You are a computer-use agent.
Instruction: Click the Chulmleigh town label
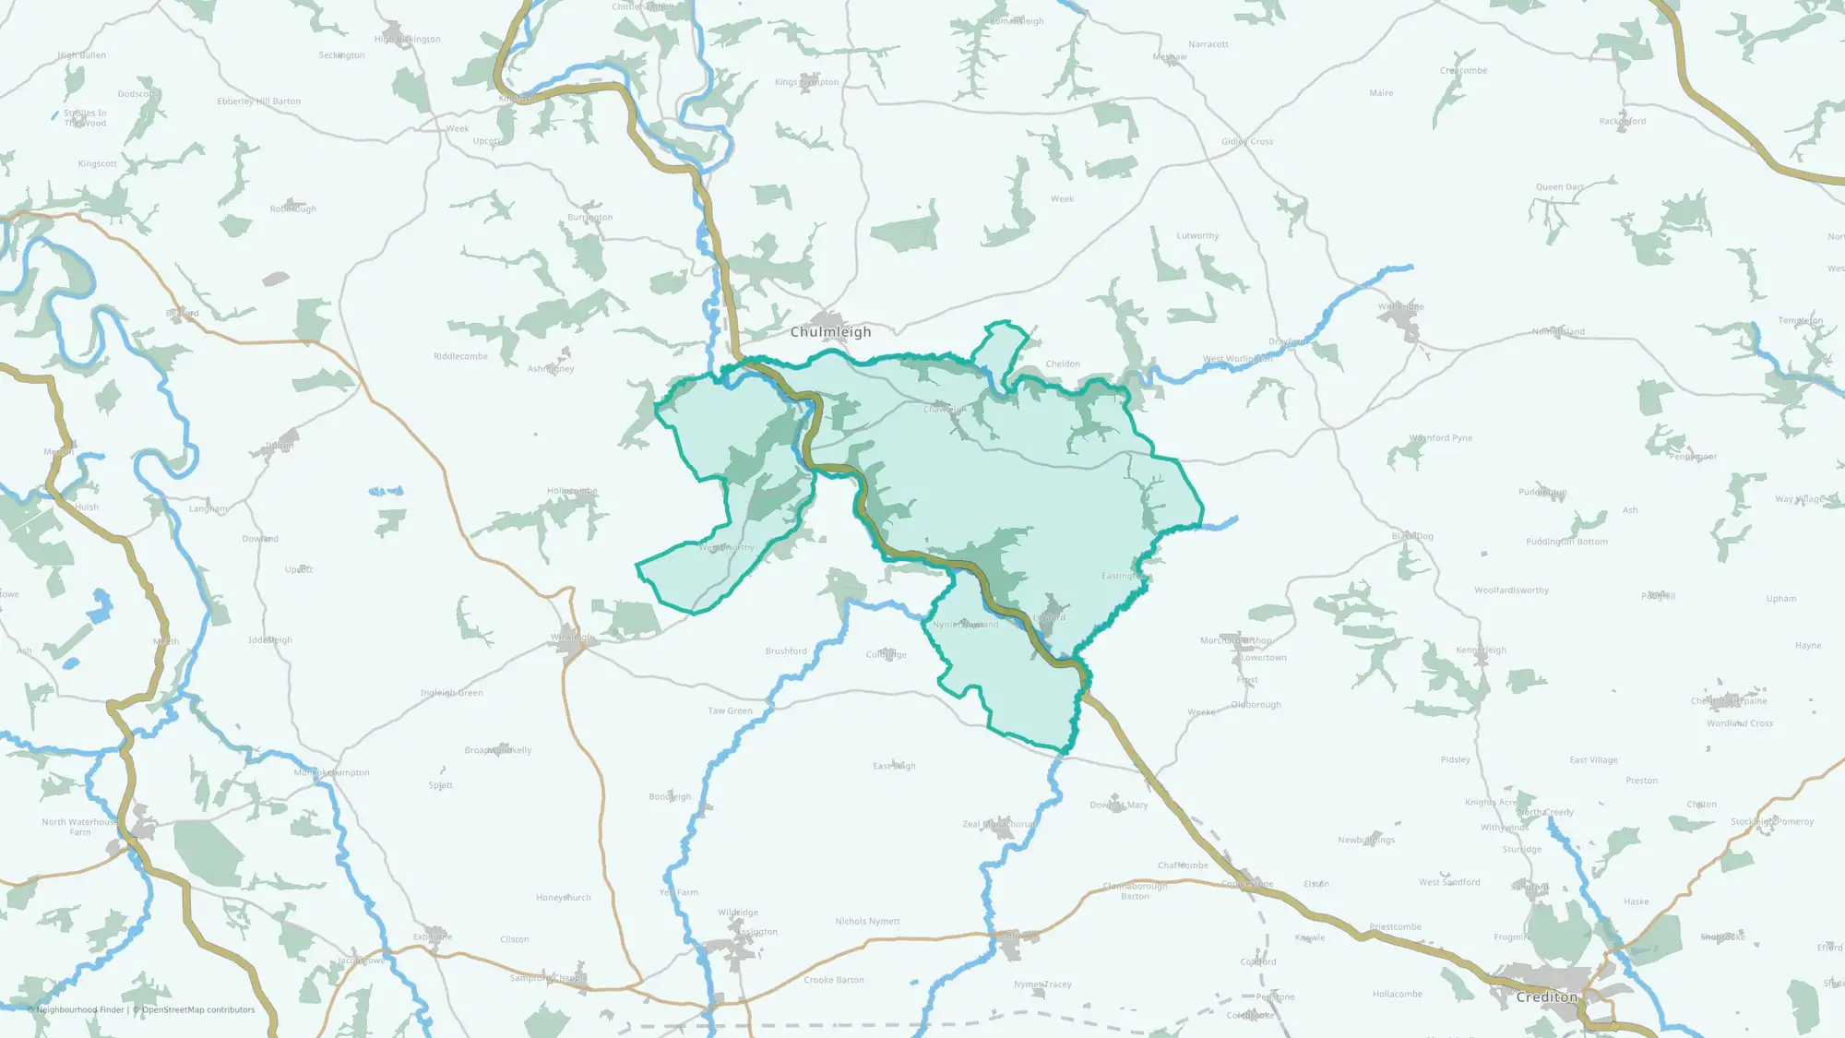pyautogui.click(x=830, y=332)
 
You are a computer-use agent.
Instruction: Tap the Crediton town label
pyautogui.click(x=1547, y=997)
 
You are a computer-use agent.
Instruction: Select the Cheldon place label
pyautogui.click(x=1063, y=364)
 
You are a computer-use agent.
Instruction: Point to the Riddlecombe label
pyautogui.click(x=460, y=356)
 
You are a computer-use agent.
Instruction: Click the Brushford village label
pyautogui.click(x=786, y=651)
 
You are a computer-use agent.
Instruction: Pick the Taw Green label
pyautogui.click(x=730, y=711)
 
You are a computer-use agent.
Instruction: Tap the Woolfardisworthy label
pyautogui.click(x=1511, y=591)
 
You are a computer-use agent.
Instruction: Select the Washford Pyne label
pyautogui.click(x=1441, y=438)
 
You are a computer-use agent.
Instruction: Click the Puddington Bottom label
pyautogui.click(x=1566, y=542)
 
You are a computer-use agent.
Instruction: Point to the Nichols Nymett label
pyautogui.click(x=867, y=922)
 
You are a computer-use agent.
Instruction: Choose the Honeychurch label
pyautogui.click(x=564, y=898)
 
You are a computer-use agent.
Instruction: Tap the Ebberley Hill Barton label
pyautogui.click(x=259, y=101)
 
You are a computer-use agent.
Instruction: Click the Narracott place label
pyautogui.click(x=1208, y=44)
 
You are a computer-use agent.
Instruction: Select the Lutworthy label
pyautogui.click(x=1197, y=236)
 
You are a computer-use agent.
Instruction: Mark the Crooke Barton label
pyautogui.click(x=834, y=980)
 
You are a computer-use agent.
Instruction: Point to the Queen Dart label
pyautogui.click(x=1560, y=187)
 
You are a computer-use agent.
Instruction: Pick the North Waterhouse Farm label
pyautogui.click(x=80, y=827)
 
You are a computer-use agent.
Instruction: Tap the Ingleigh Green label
pyautogui.click(x=451, y=693)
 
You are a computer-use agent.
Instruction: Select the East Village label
pyautogui.click(x=1594, y=760)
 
